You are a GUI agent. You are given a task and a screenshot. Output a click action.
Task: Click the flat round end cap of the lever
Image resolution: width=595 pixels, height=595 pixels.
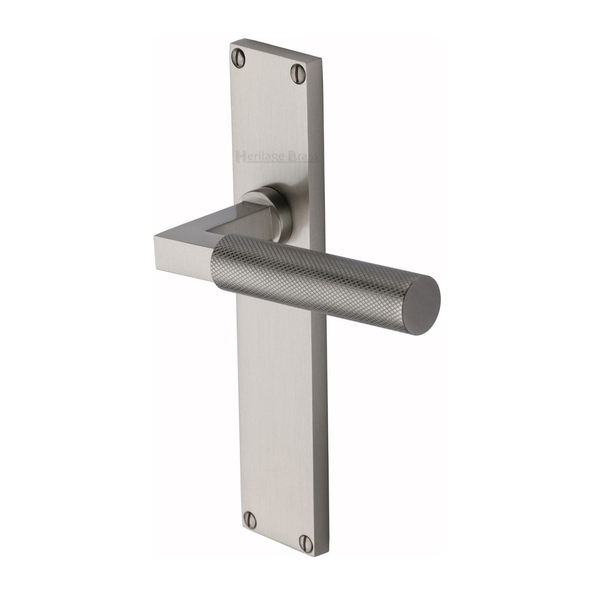click(x=423, y=296)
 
